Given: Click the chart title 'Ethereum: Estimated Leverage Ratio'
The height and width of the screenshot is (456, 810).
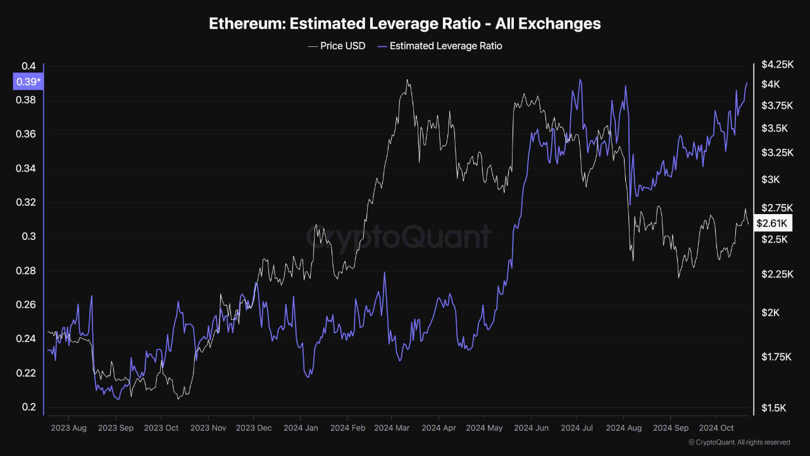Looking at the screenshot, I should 405,24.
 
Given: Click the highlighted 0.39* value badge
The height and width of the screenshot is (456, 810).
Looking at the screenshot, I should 28,82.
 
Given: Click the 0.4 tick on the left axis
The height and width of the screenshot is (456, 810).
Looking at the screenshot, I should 28,66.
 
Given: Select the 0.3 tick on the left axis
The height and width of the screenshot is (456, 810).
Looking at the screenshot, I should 28,237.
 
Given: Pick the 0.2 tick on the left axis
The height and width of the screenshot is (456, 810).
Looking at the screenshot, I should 28,407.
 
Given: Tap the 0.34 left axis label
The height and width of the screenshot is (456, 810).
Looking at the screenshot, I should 28,168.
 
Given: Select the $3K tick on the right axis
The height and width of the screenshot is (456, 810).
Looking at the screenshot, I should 771,180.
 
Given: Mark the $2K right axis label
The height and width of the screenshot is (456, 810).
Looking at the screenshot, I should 771,313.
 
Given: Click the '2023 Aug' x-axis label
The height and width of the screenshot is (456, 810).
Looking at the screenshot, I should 68,428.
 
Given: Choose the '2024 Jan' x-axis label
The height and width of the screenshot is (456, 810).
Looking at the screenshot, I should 301,428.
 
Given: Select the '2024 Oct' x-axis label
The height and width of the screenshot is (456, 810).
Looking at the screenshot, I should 716,428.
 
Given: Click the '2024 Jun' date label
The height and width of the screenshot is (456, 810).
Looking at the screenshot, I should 532,428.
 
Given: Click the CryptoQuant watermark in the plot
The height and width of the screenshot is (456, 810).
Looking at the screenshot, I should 399,236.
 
